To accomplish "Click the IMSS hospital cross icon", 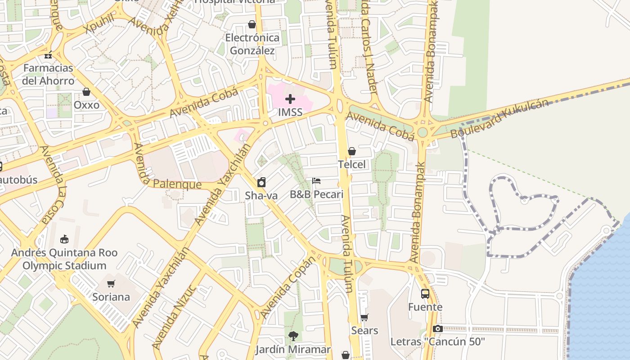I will click(x=290, y=99).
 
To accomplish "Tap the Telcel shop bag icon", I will click(x=352, y=151).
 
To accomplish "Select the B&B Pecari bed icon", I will click(x=316, y=181).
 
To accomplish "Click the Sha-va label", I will click(x=261, y=196).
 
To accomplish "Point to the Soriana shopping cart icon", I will click(x=111, y=283).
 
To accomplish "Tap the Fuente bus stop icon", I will click(x=425, y=294).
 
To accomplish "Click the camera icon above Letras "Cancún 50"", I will click(x=437, y=329).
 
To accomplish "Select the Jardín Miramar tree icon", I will click(x=293, y=336).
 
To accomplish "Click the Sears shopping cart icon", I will click(x=364, y=317).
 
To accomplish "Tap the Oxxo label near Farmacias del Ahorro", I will click(x=86, y=105).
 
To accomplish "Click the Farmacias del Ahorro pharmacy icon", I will click(x=48, y=55).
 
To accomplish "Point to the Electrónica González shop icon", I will click(x=252, y=24).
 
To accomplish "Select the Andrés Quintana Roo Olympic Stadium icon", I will click(x=64, y=239).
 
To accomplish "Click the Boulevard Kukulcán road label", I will click(x=499, y=118).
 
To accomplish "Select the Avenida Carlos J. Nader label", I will click(x=369, y=47).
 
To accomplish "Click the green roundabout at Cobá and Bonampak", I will click(x=422, y=132).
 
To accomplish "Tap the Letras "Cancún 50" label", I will click(x=437, y=342).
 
